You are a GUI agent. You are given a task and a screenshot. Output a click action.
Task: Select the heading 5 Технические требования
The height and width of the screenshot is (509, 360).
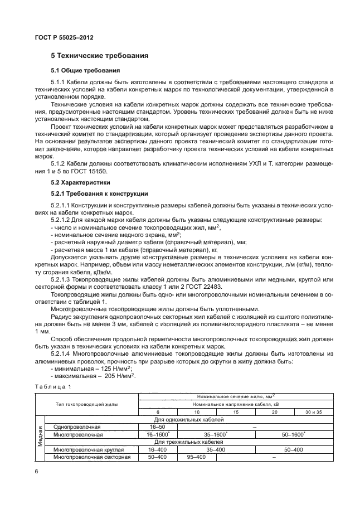[99, 56]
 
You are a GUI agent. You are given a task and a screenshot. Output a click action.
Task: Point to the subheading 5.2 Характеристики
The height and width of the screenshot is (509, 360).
[81, 182]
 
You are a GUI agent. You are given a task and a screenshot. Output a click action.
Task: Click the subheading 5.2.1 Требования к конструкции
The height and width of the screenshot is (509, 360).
[99, 193]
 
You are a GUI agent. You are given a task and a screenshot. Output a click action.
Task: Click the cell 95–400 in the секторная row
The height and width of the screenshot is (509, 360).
[196, 457]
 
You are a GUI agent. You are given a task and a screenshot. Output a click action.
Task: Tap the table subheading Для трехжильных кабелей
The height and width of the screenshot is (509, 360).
[189, 441]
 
